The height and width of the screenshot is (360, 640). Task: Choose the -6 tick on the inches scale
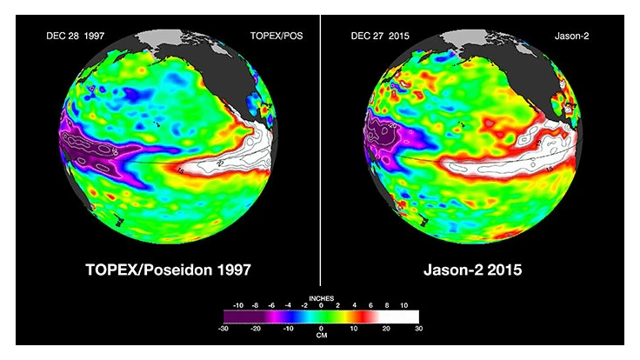pos(271,305)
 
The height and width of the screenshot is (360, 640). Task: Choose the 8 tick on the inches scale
pos(386,305)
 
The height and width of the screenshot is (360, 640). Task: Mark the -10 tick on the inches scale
pos(238,305)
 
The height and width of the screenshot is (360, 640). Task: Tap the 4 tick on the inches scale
pos(354,305)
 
